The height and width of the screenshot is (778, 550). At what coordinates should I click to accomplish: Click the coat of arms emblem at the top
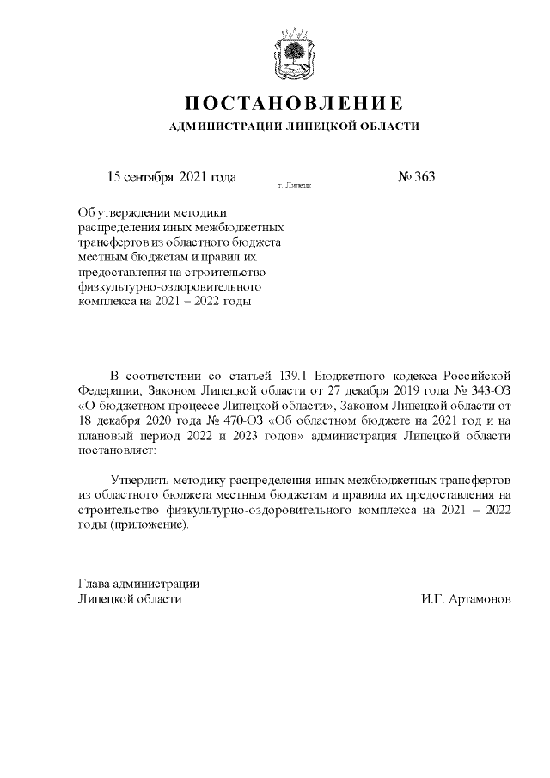pyautogui.click(x=295, y=53)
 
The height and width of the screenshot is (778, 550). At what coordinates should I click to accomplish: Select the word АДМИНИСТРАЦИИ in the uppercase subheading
pyautogui.click(x=216, y=127)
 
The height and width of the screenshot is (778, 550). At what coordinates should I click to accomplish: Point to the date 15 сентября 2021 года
pyautogui.click(x=171, y=177)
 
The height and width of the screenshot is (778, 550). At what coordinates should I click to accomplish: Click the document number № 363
pyautogui.click(x=416, y=177)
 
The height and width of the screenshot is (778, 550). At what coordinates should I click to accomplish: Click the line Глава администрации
pyautogui.click(x=138, y=584)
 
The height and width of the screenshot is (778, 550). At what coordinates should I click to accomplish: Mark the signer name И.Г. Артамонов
pyautogui.click(x=467, y=598)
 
